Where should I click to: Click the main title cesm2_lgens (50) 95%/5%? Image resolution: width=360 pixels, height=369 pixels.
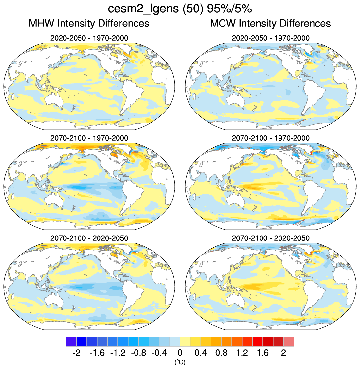(x=180, y=9)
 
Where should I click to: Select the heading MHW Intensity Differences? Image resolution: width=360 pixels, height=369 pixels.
(x=89, y=24)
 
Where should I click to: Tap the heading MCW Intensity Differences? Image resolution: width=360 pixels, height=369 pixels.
(x=270, y=24)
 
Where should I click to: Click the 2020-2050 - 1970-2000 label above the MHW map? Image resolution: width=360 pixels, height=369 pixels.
(x=89, y=38)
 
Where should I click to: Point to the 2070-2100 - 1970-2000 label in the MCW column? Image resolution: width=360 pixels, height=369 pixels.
(x=270, y=138)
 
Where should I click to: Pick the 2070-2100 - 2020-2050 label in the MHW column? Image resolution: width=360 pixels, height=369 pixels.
(x=89, y=238)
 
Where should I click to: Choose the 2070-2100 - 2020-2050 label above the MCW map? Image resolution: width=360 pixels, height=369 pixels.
(x=270, y=238)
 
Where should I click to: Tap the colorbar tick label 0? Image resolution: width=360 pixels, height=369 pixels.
(x=180, y=353)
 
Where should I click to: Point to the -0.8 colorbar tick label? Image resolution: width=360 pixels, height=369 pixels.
(x=138, y=353)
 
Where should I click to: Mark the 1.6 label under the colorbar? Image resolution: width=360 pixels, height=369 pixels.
(x=263, y=353)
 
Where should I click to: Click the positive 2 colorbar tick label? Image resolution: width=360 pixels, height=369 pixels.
(x=283, y=353)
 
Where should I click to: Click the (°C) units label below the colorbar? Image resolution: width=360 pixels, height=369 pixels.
(x=180, y=362)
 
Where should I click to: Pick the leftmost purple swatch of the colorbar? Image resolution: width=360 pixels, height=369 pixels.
(x=71, y=342)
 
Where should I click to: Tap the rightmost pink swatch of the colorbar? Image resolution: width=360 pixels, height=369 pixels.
(x=289, y=342)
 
